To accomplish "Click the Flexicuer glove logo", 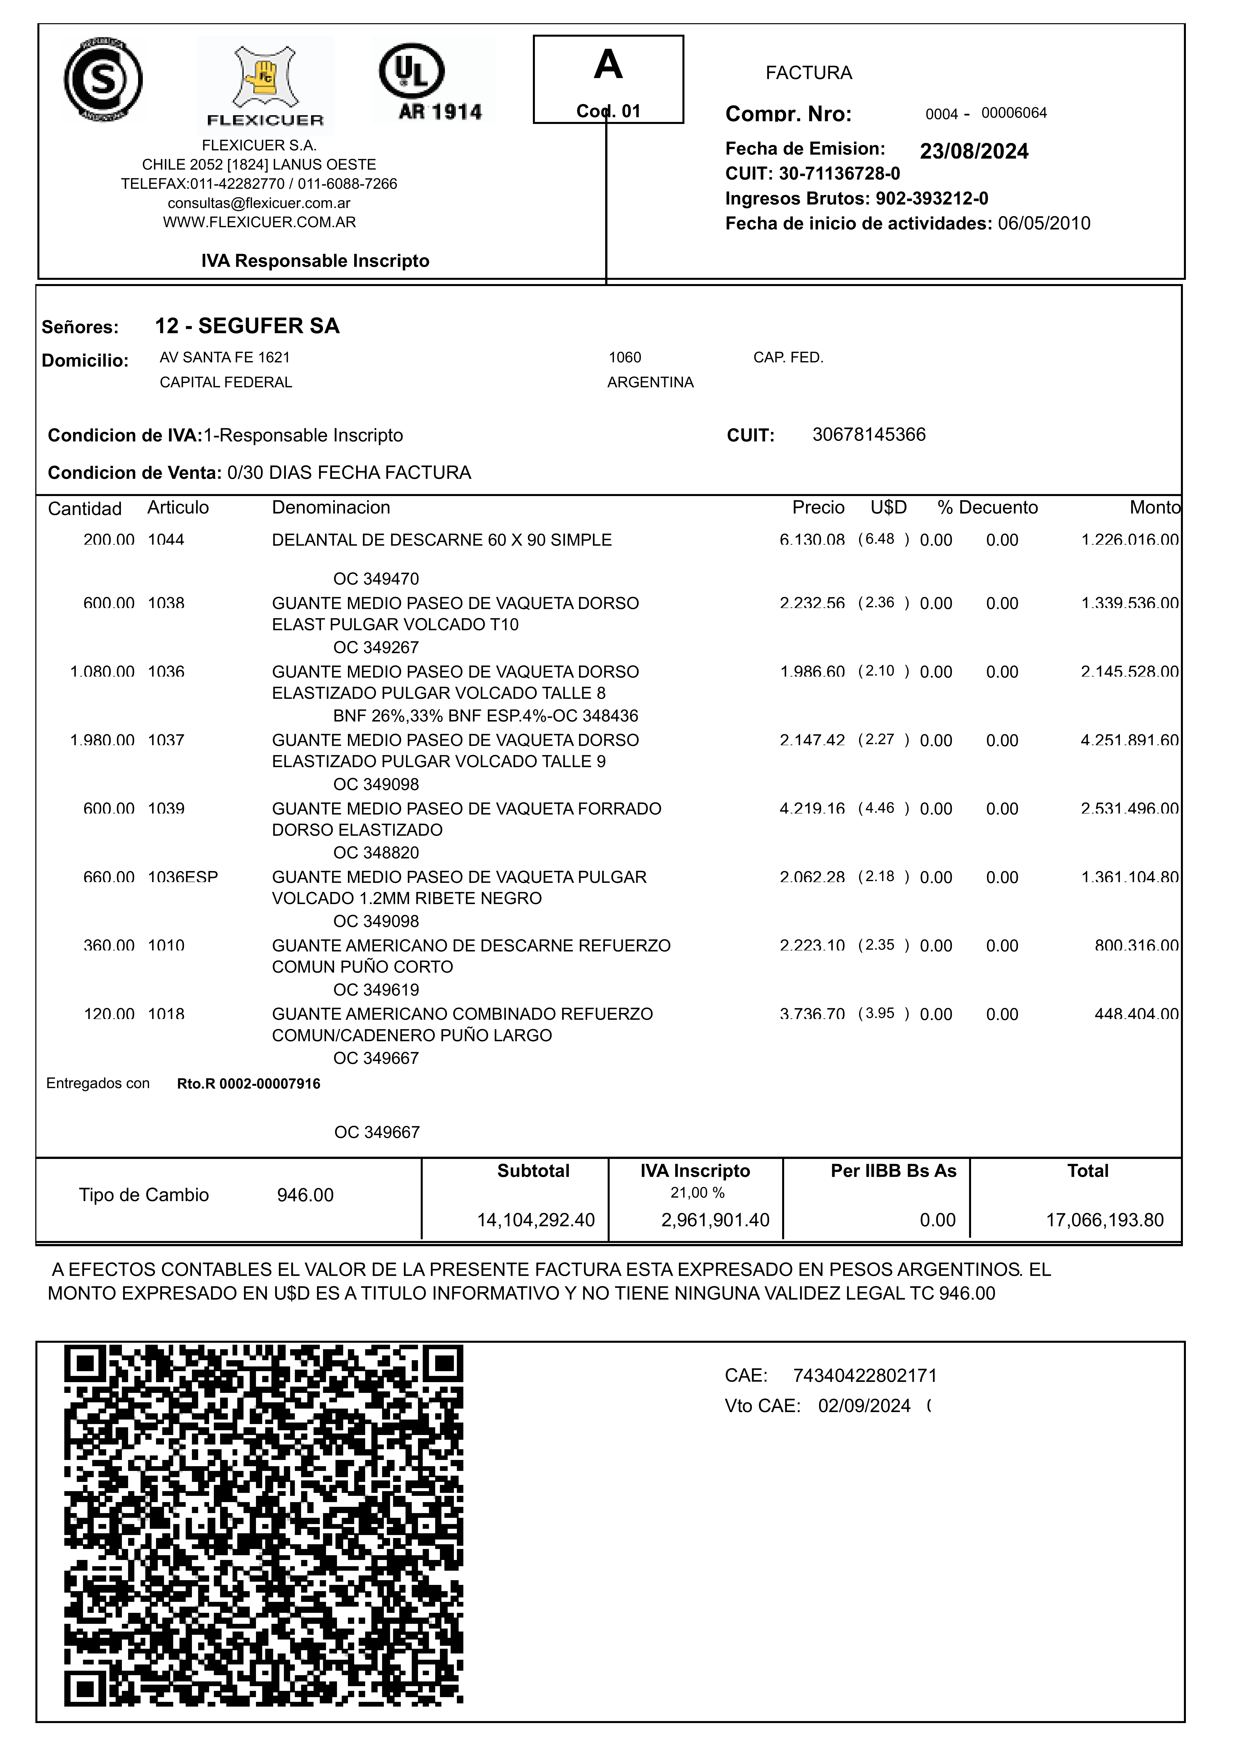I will (x=265, y=84).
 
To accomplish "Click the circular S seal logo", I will (x=103, y=80).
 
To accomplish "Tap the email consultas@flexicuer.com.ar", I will (x=259, y=203).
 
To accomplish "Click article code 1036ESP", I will (x=183, y=878).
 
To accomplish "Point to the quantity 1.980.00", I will (x=102, y=741).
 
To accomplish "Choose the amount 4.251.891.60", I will (x=1130, y=741).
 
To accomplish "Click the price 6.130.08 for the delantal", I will (x=812, y=540).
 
